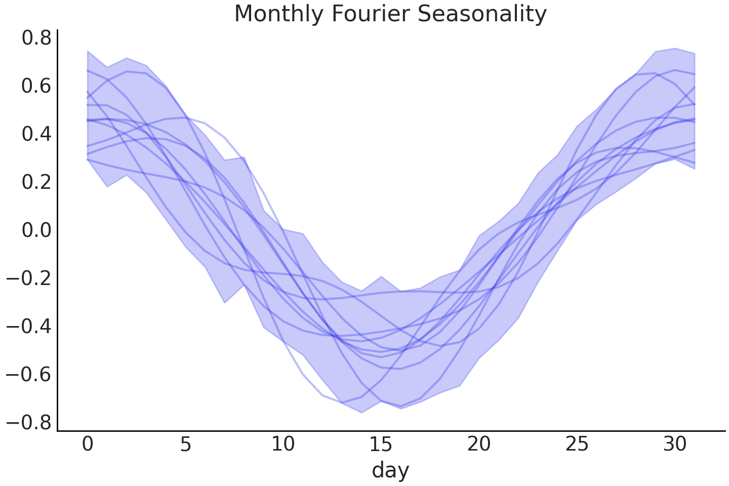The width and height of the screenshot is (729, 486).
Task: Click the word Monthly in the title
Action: [x=279, y=14]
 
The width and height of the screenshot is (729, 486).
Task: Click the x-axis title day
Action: [x=390, y=470]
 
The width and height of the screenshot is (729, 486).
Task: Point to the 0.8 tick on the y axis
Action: [x=36, y=38]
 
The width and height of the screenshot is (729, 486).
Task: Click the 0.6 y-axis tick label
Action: [x=36, y=87]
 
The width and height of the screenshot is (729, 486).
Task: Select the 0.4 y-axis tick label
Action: [x=36, y=135]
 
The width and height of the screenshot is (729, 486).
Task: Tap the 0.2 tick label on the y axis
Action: [x=36, y=183]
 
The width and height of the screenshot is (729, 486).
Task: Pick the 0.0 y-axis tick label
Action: [x=36, y=231]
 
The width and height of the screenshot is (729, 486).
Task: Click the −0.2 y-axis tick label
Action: [x=29, y=279]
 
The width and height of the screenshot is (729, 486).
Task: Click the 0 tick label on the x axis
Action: [x=88, y=445]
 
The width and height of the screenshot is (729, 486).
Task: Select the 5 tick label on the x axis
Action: [x=185, y=445]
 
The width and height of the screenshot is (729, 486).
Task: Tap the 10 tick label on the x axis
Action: [x=283, y=445]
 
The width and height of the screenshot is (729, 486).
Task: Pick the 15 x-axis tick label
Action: [x=381, y=445]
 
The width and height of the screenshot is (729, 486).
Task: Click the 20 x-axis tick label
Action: [x=479, y=445]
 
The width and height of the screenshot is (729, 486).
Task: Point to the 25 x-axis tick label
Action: [x=577, y=445]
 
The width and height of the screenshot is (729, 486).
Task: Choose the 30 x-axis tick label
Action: [x=674, y=445]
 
